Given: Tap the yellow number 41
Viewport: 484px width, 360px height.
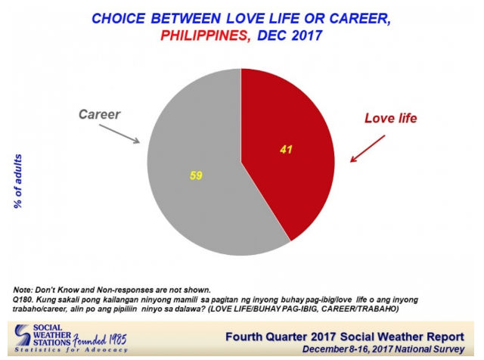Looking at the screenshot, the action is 286,150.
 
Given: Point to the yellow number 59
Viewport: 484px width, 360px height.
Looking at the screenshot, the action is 196,175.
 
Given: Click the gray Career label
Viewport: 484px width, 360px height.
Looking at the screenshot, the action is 99,114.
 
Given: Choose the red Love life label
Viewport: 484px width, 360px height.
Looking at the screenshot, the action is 390,118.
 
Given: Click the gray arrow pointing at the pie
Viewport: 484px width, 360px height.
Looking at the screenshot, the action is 119,134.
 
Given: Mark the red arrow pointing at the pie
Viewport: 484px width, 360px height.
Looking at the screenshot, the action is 368,148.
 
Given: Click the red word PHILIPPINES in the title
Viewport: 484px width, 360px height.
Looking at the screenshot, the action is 203,36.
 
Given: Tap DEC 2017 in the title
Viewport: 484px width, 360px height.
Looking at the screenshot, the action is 290,36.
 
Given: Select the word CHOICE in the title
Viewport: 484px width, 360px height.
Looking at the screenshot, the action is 118,18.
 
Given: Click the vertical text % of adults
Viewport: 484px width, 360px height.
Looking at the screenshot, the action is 18,182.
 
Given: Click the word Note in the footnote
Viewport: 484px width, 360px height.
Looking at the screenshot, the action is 22,290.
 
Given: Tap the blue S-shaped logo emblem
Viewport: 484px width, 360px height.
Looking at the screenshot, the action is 23,335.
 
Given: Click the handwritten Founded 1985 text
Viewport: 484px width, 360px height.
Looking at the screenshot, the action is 100,340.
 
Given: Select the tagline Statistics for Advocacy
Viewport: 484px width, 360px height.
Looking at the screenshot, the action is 71,350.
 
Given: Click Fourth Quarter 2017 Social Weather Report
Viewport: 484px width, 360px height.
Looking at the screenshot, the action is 345,337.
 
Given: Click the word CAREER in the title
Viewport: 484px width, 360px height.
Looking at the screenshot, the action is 360,18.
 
